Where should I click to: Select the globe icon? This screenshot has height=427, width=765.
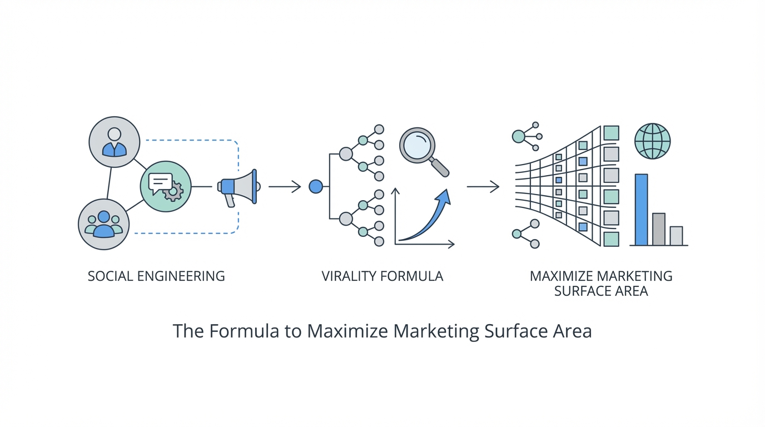coord(652,141)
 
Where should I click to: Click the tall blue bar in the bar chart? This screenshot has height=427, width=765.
coord(641,210)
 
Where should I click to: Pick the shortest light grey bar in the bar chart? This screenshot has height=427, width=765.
coord(676,236)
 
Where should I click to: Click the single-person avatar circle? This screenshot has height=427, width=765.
coord(115,142)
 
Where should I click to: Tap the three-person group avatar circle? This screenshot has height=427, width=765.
coord(104,224)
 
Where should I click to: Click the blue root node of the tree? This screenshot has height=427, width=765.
coord(315,187)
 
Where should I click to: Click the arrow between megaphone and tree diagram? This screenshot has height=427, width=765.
coord(284,187)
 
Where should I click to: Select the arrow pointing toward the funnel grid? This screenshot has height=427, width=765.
coord(483,187)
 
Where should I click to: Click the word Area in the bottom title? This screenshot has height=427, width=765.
coord(573,331)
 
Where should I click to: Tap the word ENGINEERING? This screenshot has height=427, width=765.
coord(181,276)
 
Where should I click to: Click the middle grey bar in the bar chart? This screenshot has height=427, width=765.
coord(659,229)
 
